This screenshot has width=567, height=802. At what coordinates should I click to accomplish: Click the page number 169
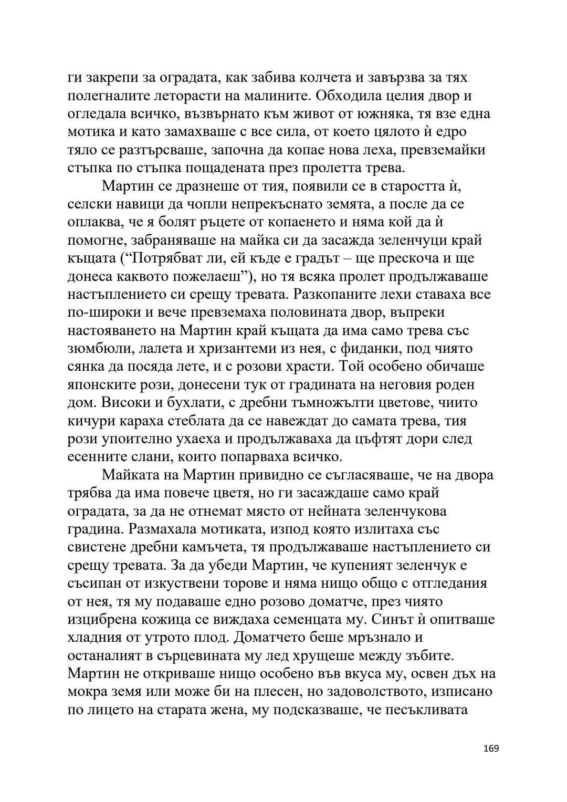(x=491, y=763)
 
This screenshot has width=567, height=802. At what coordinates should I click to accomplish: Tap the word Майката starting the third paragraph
(x=133, y=475)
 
